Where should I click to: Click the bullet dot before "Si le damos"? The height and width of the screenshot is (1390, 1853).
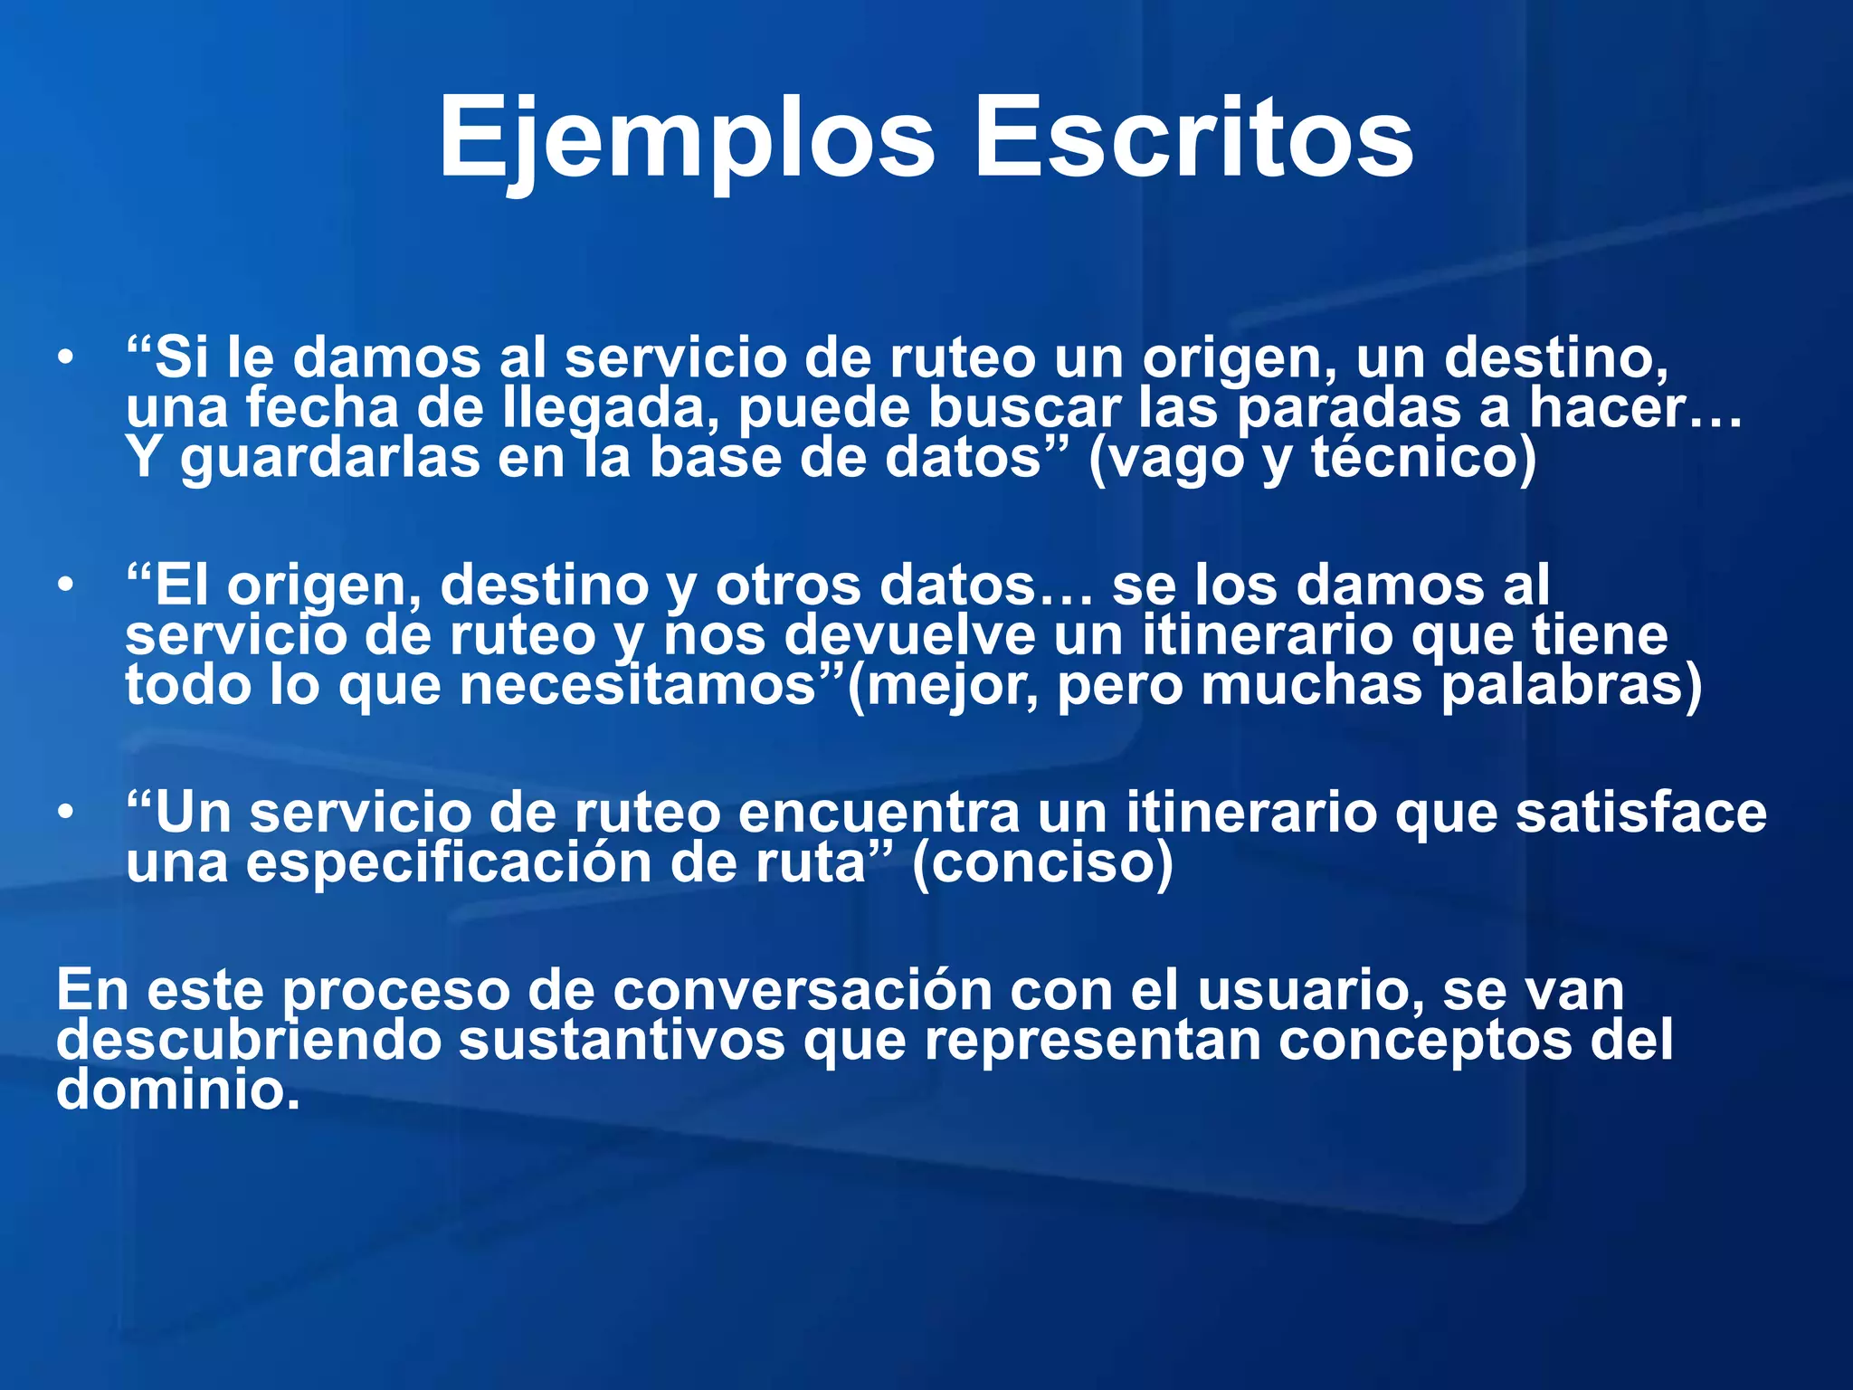64,358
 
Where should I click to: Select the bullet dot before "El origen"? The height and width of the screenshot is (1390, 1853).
64,586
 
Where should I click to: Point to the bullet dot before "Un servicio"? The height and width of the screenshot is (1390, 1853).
64,813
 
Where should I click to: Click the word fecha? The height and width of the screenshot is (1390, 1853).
322,407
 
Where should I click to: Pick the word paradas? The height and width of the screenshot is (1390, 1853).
1348,409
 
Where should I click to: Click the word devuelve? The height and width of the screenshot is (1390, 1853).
909,635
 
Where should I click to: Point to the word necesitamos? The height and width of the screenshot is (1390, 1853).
638,685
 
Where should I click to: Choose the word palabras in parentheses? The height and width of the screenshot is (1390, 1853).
1570,685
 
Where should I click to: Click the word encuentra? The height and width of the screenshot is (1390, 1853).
879,813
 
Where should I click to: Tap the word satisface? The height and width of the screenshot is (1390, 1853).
1640,813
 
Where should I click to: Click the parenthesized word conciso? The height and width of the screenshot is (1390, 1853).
1042,862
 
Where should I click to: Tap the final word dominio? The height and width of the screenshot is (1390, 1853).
177,1090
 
